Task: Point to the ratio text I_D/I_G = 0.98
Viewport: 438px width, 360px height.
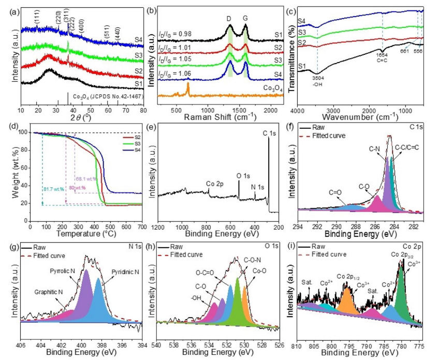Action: (x=174, y=35)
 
